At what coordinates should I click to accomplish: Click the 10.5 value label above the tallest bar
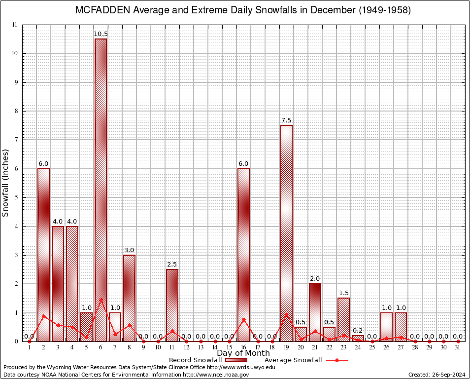tap(101, 34)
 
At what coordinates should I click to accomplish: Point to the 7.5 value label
tap(286, 120)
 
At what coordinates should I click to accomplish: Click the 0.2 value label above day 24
tap(358, 331)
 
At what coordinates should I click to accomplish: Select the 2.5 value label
tap(172, 265)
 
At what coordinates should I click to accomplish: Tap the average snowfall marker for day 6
tap(101, 300)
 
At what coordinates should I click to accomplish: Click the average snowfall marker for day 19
tap(286, 314)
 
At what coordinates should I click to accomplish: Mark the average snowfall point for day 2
tap(44, 316)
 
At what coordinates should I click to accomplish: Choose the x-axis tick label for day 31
tap(458, 347)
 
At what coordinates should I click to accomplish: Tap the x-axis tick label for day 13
tap(201, 347)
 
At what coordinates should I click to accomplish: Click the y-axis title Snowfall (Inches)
tap(6, 183)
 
